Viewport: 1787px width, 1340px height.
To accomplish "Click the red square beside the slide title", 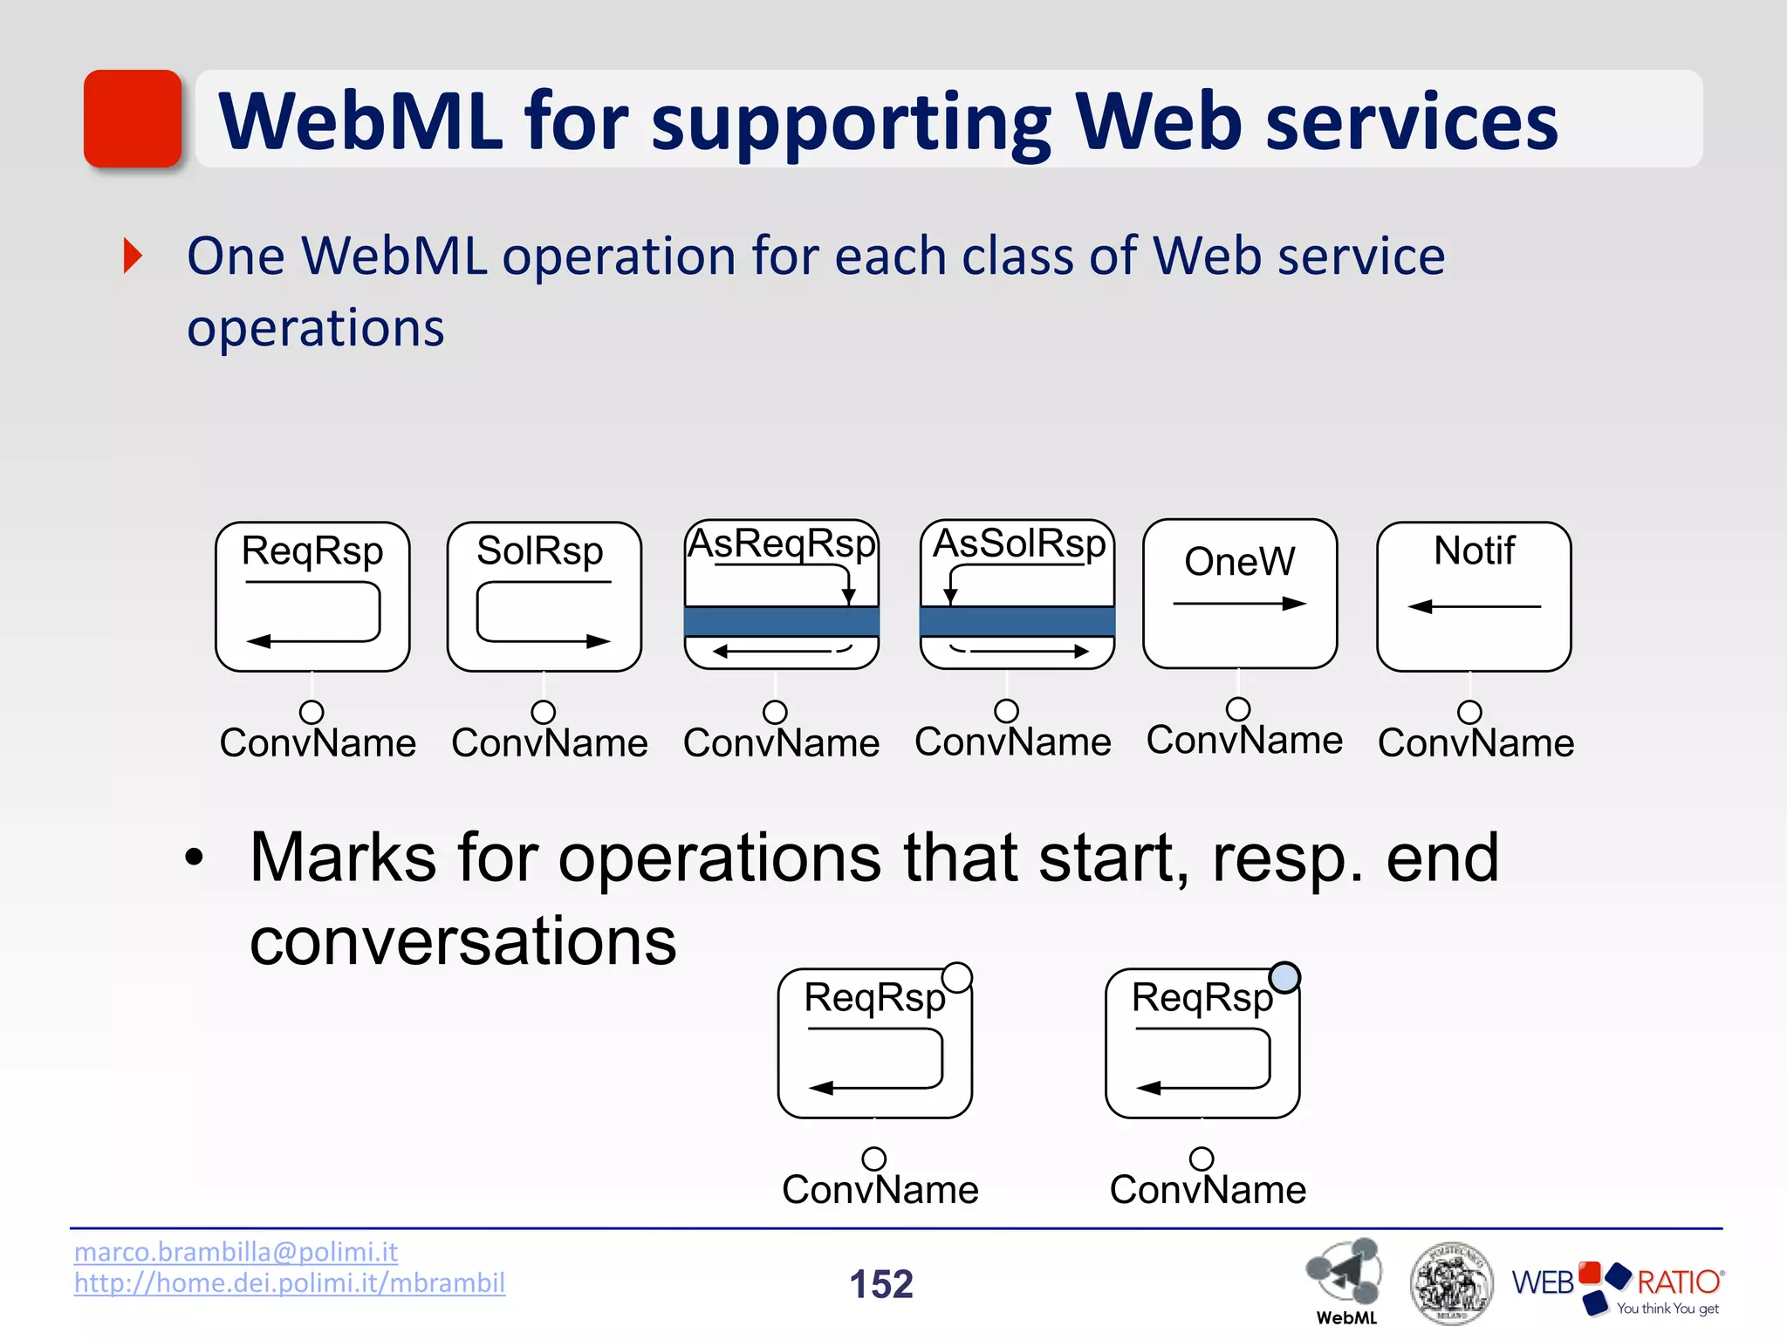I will coord(133,119).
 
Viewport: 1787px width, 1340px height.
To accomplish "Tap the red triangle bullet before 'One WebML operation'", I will coord(133,256).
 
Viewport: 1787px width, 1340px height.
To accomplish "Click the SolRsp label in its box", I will coord(539,550).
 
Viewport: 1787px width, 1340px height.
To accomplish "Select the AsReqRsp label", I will coord(781,544).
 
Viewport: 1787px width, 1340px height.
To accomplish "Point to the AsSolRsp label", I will coord(1018,544).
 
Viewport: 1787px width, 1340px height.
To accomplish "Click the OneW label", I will coord(1239,561).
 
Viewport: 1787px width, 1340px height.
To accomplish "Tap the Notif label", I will coord(1474,550).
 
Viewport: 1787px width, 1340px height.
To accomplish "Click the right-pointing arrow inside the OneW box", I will coord(1239,604).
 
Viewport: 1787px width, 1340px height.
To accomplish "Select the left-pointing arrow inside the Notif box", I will coord(1474,606).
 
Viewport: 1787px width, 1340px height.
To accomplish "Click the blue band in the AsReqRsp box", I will coord(781,622).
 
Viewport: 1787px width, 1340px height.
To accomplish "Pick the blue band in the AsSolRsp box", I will coord(1017,622).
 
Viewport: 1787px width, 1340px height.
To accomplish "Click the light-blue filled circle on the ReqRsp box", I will coord(1284,977).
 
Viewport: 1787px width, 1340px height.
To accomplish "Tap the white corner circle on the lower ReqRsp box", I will coord(957,977).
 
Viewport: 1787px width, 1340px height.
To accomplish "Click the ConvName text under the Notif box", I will coord(1475,743).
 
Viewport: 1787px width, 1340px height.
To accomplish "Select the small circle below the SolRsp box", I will coord(543,712).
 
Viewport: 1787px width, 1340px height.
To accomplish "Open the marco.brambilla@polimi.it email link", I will coord(236,1252).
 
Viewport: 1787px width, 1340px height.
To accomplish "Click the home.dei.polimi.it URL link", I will coord(289,1283).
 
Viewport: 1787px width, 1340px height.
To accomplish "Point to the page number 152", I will coord(881,1284).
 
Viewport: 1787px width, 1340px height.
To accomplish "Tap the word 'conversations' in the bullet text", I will coord(462,941).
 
